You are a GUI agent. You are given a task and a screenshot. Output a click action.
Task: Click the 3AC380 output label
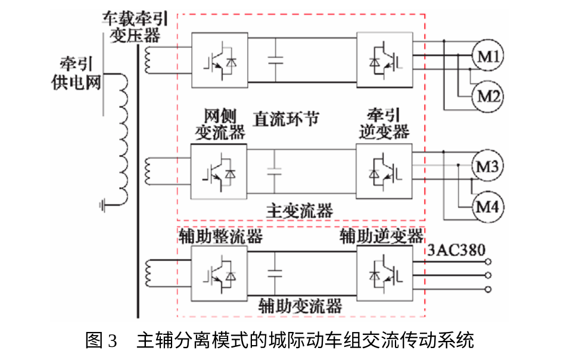(x=456, y=250)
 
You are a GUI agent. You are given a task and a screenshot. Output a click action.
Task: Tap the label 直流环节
(x=286, y=119)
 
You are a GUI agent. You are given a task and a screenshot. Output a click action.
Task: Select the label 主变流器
(x=300, y=211)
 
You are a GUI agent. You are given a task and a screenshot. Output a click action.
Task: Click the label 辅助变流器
(x=300, y=306)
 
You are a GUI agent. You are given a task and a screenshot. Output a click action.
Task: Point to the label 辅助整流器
(x=221, y=236)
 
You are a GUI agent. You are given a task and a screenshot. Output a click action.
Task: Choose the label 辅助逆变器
(x=381, y=236)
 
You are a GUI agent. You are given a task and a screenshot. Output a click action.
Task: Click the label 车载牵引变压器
(x=135, y=27)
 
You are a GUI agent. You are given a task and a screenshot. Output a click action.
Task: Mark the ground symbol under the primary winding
(x=102, y=206)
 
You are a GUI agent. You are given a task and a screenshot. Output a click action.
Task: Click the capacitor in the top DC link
(x=276, y=60)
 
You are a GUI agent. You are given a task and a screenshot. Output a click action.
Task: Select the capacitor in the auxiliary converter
(x=275, y=273)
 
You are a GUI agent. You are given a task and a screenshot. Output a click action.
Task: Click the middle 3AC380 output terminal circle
(x=488, y=275)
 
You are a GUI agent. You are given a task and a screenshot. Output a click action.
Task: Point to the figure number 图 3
(x=101, y=340)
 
